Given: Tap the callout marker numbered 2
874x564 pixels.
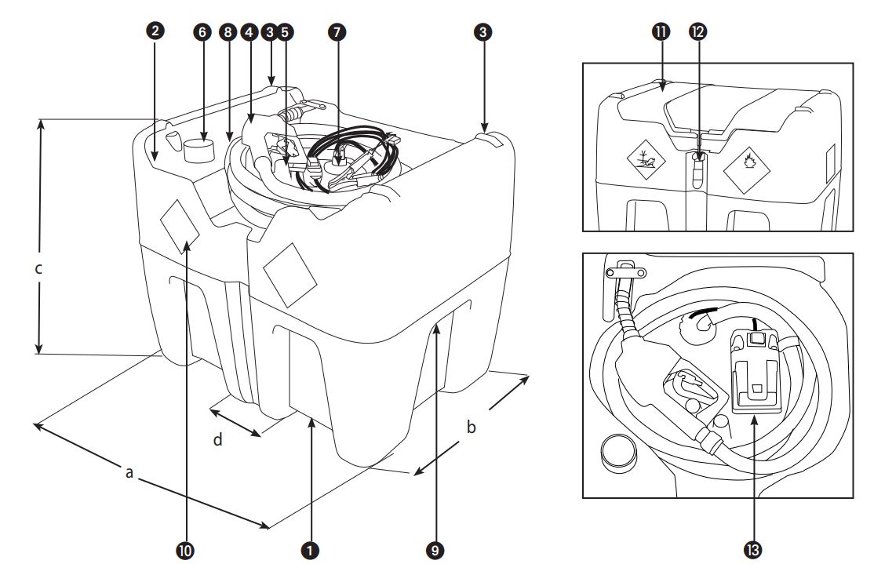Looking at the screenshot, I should tap(155, 31).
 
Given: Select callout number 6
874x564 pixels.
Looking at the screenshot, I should tap(203, 31).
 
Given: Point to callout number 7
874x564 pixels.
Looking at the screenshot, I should tap(337, 31).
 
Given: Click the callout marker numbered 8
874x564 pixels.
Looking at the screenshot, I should tap(228, 31).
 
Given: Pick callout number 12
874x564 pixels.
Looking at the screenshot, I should tap(697, 31).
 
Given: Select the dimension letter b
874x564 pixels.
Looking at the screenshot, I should tap(471, 428).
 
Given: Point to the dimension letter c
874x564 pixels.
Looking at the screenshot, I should tap(38, 268).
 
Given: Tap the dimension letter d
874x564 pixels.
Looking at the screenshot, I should tap(219, 440).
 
